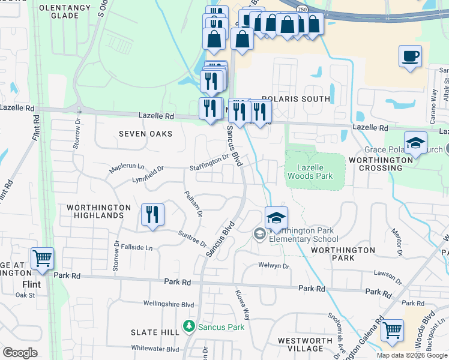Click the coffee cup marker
click(x=410, y=57)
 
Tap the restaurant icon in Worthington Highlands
click(x=152, y=215)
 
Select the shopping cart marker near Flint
click(x=42, y=259)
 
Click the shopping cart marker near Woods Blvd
click(x=392, y=330)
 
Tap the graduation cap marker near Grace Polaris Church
click(x=415, y=143)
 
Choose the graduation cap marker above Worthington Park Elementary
click(x=276, y=218)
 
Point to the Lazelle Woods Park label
click(x=310, y=171)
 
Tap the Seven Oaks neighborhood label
click(x=145, y=134)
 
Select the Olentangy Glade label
click(x=65, y=12)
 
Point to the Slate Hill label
click(x=155, y=332)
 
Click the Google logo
click(x=20, y=353)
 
